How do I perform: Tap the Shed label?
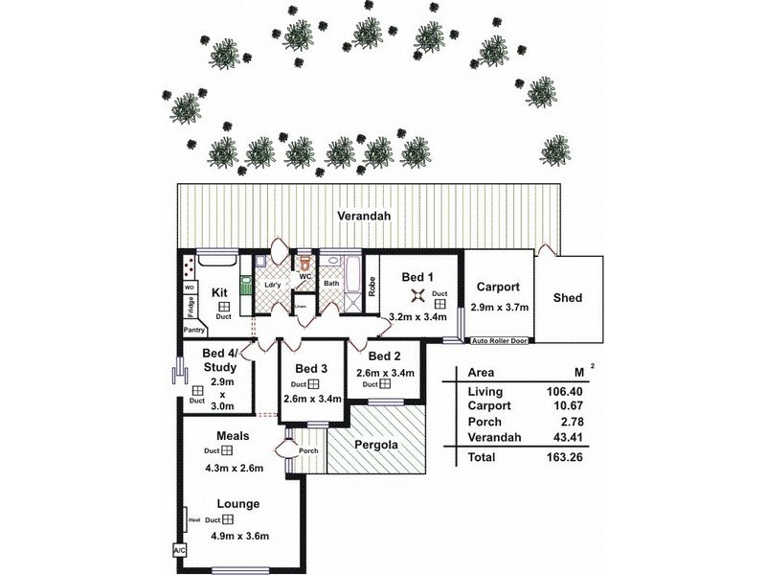[568, 298]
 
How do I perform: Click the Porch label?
[307, 450]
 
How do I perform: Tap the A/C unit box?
[178, 551]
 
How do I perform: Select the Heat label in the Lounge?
[194, 520]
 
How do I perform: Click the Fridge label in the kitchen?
[191, 307]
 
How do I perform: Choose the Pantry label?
[194, 329]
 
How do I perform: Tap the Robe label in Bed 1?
[372, 286]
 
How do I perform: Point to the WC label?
[305, 277]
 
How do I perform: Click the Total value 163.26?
[564, 457]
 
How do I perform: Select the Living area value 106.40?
[564, 391]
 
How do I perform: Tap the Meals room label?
[233, 435]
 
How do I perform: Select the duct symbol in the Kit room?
[223, 305]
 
